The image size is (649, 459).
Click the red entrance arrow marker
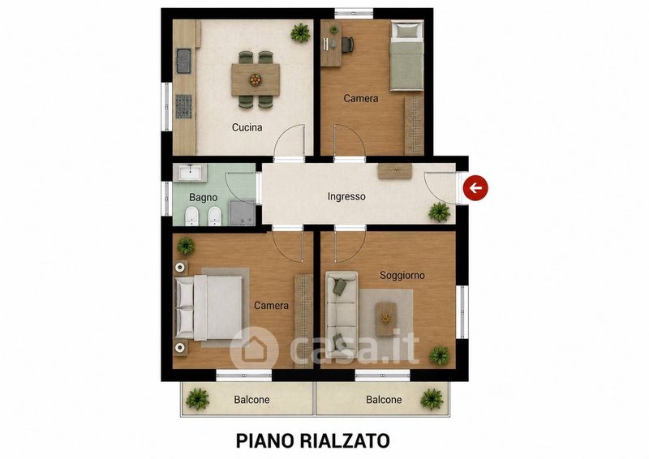click(475, 188)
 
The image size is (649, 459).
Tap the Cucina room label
click(247, 127)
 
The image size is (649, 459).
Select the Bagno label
click(204, 197)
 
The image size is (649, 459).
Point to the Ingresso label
click(346, 196)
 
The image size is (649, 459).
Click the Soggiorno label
click(402, 275)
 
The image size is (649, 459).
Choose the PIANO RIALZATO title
click(313, 441)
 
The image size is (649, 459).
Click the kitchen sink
click(183, 61)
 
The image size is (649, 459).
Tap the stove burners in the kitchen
click(184, 106)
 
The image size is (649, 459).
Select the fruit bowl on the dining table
click(256, 79)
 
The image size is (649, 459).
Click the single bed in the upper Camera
click(407, 56)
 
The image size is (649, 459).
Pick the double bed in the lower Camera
click(209, 307)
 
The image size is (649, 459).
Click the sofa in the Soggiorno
click(342, 315)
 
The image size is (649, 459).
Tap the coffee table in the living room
click(386, 318)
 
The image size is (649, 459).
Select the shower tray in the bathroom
click(242, 213)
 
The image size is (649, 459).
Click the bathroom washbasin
click(191, 172)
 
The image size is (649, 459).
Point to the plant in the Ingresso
click(440, 212)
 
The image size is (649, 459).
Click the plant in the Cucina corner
click(300, 32)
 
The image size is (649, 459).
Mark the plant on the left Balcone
click(197, 399)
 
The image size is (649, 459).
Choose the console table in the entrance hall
click(395, 171)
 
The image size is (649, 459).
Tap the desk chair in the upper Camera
click(347, 45)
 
